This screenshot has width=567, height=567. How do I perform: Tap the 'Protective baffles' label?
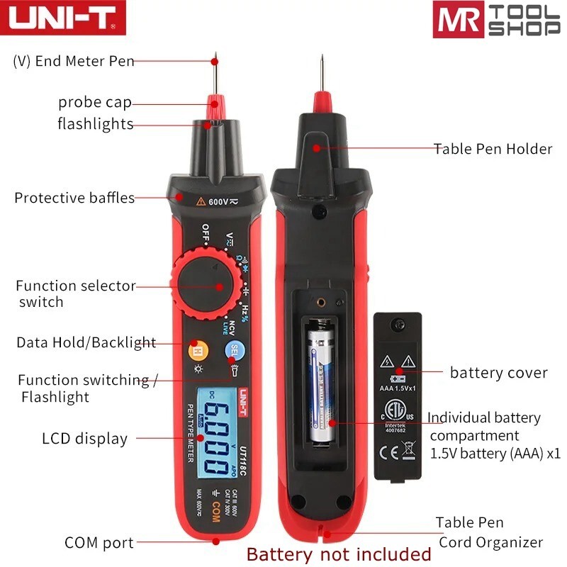pyautogui.click(x=74, y=198)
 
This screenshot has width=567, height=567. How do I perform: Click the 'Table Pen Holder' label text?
pyautogui.click(x=493, y=149)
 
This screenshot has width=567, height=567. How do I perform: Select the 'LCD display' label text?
pyautogui.click(x=84, y=439)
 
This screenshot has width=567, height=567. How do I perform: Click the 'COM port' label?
pyautogui.click(x=99, y=543)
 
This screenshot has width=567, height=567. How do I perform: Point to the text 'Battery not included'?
pyautogui.click(x=339, y=554)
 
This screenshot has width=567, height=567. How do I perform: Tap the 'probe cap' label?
pyautogui.click(x=95, y=103)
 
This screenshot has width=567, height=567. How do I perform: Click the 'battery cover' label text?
pyautogui.click(x=498, y=373)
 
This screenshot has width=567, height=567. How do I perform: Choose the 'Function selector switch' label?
pyautogui.click(x=75, y=294)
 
